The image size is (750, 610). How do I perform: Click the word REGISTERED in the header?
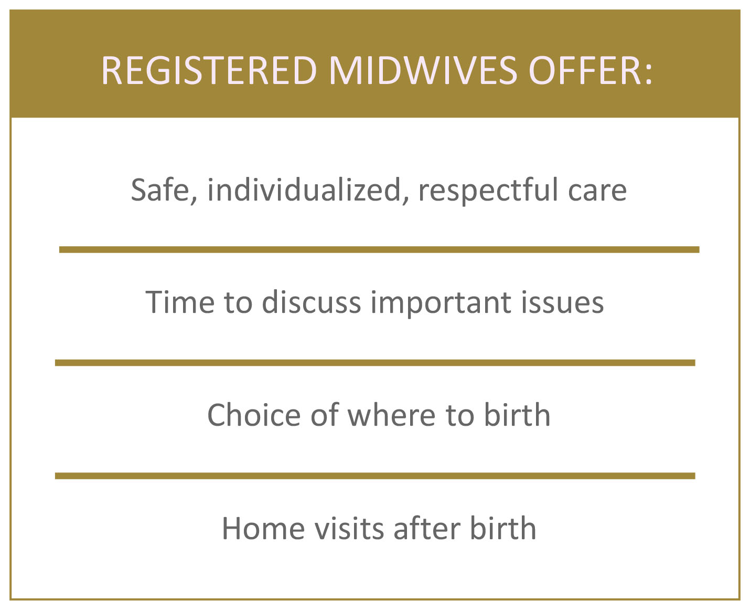click(x=209, y=70)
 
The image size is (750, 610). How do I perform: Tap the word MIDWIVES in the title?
click(x=423, y=70)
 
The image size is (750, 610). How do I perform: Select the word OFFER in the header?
click(x=585, y=70)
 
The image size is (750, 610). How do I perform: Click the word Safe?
click(x=164, y=190)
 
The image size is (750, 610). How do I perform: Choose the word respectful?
click(x=488, y=190)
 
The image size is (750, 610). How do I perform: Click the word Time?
click(x=180, y=302)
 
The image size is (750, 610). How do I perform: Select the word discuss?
click(x=311, y=302)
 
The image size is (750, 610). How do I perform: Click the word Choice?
click(x=254, y=415)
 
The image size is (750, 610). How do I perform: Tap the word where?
click(x=391, y=415)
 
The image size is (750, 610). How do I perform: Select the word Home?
click(x=263, y=528)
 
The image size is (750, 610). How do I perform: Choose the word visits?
click(x=349, y=528)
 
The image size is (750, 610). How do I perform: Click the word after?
click(x=427, y=528)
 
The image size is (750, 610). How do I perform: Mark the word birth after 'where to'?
click(x=517, y=414)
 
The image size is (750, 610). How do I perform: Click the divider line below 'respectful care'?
click(x=379, y=249)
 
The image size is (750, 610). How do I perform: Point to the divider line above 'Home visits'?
click(x=375, y=476)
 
